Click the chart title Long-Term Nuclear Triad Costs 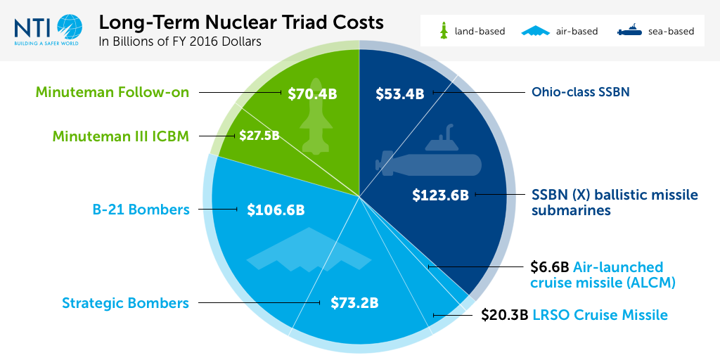[x=241, y=22]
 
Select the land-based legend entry [x=472, y=31]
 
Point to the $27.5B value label [x=259, y=135]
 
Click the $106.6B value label [x=276, y=210]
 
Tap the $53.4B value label [x=399, y=93]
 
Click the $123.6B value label [x=440, y=195]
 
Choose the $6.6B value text [x=549, y=267]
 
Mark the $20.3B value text [x=504, y=314]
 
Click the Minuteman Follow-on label [x=112, y=92]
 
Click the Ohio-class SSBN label [x=581, y=92]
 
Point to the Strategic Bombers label [x=125, y=303]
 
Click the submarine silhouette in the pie [x=429, y=158]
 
